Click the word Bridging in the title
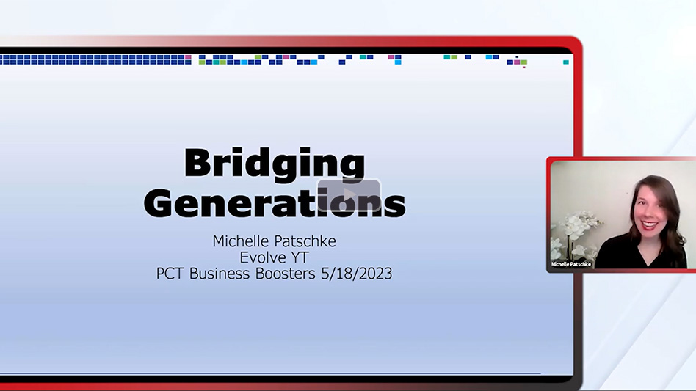coord(274,163)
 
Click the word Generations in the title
coord(274,202)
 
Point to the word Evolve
coord(261,257)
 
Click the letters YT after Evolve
coord(297,257)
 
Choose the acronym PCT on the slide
coord(171,274)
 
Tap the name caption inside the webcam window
coord(572,264)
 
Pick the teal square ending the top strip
coord(566,62)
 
